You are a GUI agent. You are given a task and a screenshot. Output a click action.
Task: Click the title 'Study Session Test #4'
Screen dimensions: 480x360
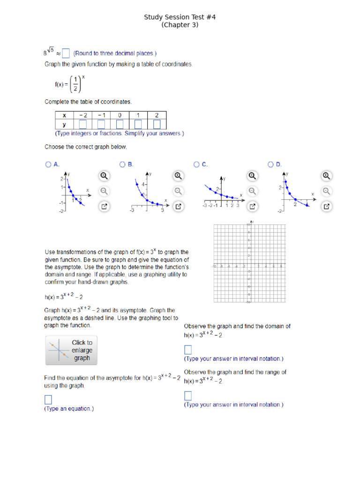pyautogui.click(x=180, y=17)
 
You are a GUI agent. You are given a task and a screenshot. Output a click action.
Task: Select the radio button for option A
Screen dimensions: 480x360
pyautogui.click(x=48, y=165)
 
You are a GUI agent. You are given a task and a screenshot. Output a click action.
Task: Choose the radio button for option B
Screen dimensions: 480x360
pyautogui.click(x=122, y=165)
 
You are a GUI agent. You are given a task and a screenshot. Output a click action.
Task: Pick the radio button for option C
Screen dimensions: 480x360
pyautogui.click(x=196, y=165)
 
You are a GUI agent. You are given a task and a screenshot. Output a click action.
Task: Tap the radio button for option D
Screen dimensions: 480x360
pyautogui.click(x=270, y=165)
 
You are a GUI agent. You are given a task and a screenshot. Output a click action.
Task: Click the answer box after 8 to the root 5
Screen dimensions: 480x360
pyautogui.click(x=66, y=53)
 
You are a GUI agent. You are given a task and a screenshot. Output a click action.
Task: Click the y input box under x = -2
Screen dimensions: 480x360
pyautogui.click(x=83, y=124)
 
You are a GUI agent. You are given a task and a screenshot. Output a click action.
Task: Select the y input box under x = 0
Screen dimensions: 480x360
pyautogui.click(x=120, y=124)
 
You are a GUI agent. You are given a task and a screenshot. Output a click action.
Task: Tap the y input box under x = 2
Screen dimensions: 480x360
pyautogui.click(x=157, y=124)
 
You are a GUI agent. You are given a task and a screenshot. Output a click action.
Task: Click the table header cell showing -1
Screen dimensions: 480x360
pyautogui.click(x=101, y=115)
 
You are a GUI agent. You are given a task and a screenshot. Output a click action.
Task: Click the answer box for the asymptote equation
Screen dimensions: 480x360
pyautogui.click(x=48, y=399)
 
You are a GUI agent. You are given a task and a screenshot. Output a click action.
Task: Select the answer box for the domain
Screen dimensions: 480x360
pyautogui.click(x=188, y=350)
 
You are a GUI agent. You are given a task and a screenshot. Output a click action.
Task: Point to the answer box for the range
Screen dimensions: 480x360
pyautogui.click(x=188, y=396)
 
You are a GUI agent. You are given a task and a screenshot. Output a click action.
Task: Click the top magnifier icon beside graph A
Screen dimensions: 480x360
pyautogui.click(x=104, y=176)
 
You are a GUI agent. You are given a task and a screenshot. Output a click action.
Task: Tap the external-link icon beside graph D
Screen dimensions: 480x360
pyautogui.click(x=327, y=206)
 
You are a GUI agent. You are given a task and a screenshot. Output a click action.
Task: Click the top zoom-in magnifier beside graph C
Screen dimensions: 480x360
pyautogui.click(x=252, y=176)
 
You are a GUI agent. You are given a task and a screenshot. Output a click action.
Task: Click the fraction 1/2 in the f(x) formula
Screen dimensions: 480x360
pyautogui.click(x=75, y=84)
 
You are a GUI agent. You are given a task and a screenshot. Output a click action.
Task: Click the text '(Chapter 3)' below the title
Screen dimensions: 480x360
pyautogui.click(x=180, y=25)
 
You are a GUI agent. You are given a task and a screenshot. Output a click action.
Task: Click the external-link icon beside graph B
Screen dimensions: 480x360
pyautogui.click(x=178, y=206)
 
